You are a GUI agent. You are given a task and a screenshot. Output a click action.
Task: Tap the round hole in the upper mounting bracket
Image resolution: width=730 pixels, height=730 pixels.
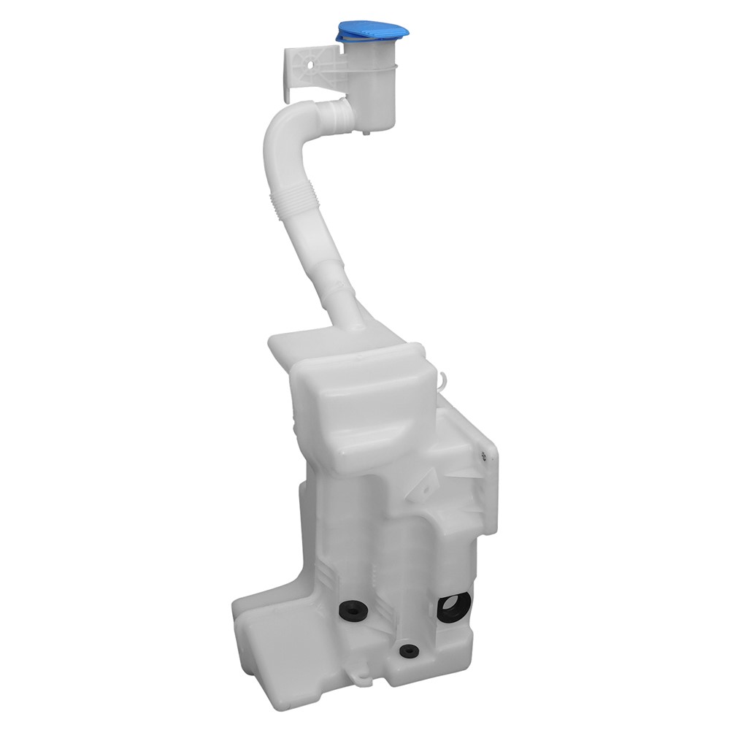pos(310,64)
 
